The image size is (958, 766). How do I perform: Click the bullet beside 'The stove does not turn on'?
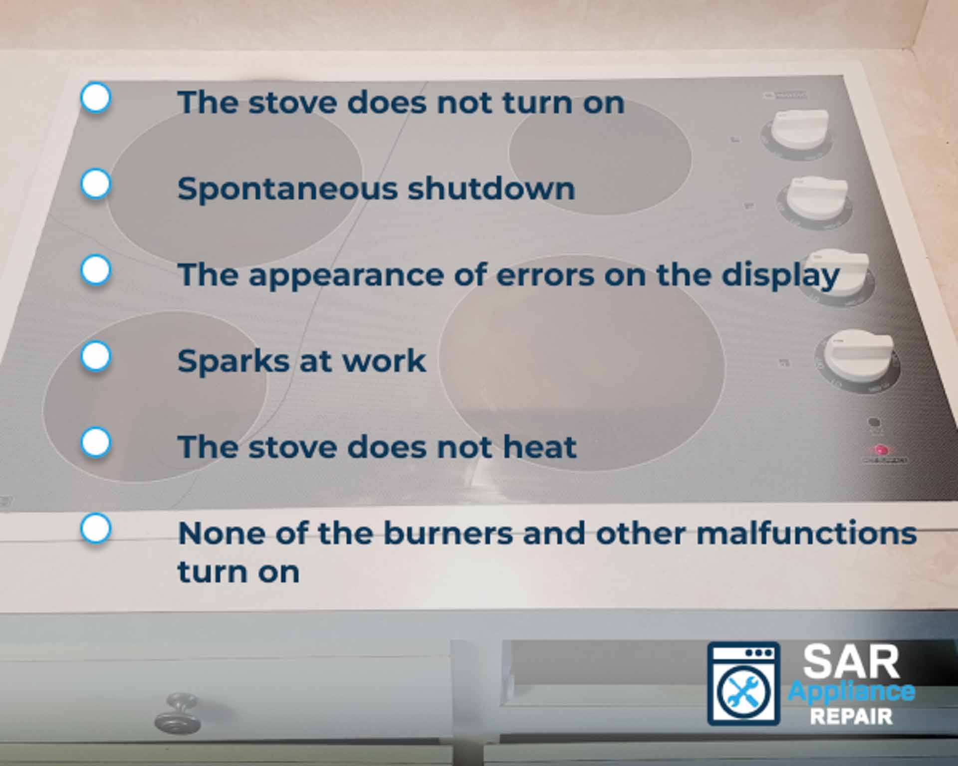95,97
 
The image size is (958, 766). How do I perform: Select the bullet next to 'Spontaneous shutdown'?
95,184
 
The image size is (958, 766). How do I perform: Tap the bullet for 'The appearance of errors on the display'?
95,270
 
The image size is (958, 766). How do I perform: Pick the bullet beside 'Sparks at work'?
95,356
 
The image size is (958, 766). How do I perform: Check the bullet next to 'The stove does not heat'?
95,442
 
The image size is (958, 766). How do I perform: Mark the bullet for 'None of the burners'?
95,528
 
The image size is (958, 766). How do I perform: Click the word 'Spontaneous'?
287,190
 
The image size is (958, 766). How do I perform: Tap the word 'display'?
780,276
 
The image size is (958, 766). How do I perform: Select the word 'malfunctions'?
806,534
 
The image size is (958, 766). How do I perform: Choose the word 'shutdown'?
491,190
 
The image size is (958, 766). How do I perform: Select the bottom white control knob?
857,357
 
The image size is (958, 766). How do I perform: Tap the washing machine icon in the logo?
743,684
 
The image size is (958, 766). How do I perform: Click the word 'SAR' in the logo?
851,662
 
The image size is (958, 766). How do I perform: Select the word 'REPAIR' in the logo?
851,717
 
